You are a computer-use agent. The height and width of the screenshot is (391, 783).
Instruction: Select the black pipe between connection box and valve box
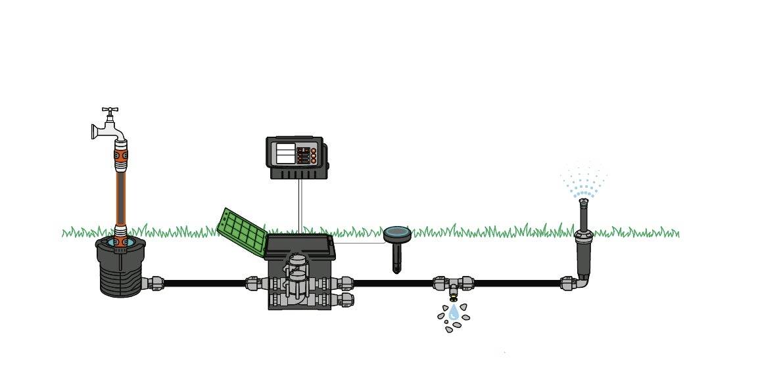[x=204, y=283]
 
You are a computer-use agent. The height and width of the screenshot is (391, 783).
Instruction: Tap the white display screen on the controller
[x=286, y=154]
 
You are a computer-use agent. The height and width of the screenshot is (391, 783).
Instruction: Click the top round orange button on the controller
[x=314, y=150]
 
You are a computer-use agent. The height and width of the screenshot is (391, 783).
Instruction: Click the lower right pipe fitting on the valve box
[x=346, y=300]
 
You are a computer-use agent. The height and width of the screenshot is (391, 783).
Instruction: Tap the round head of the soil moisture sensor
[x=396, y=233]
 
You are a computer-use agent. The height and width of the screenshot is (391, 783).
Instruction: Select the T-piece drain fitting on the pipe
[x=454, y=285]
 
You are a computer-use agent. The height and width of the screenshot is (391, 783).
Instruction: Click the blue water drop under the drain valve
[x=454, y=313]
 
